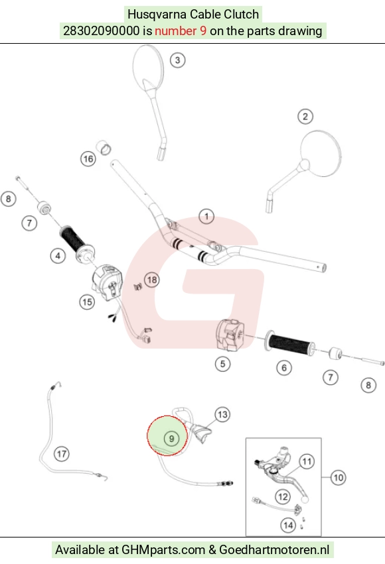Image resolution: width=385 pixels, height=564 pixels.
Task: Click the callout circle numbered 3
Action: pyautogui.click(x=177, y=60)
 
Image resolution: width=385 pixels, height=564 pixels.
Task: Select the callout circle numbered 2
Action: pyautogui.click(x=305, y=117)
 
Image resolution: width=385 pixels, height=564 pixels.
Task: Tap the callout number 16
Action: pyautogui.click(x=88, y=159)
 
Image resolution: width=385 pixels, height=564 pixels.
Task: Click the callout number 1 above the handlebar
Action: pyautogui.click(x=206, y=217)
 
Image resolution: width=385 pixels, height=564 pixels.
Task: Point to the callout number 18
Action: pyautogui.click(x=152, y=280)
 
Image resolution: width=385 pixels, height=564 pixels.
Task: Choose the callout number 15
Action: pyautogui.click(x=87, y=302)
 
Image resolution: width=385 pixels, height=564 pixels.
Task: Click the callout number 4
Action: pyautogui.click(x=58, y=256)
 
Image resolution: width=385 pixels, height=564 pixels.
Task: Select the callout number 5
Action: pyautogui.click(x=222, y=364)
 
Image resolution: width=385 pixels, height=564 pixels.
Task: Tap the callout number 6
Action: pyautogui.click(x=284, y=368)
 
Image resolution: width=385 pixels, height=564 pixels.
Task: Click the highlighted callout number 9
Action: pyautogui.click(x=171, y=439)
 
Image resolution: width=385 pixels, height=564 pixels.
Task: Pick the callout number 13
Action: pyautogui.click(x=222, y=415)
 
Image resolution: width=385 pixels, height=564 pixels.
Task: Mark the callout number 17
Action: pyautogui.click(x=62, y=454)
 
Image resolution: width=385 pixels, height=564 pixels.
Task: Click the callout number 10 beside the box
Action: pyautogui.click(x=338, y=478)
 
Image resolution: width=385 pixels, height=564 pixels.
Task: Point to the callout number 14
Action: pyautogui.click(x=288, y=525)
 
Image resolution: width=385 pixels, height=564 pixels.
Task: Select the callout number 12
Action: pyautogui.click(x=283, y=497)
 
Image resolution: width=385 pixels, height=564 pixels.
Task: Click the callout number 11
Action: pyautogui.click(x=307, y=461)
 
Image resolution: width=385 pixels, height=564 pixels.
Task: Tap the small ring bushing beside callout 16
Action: pyautogui.click(x=104, y=148)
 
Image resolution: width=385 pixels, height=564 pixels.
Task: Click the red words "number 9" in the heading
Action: pyautogui.click(x=181, y=31)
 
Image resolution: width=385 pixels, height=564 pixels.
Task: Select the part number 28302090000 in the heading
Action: pyautogui.click(x=101, y=31)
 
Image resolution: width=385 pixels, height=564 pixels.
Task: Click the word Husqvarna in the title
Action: pyautogui.click(x=157, y=15)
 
